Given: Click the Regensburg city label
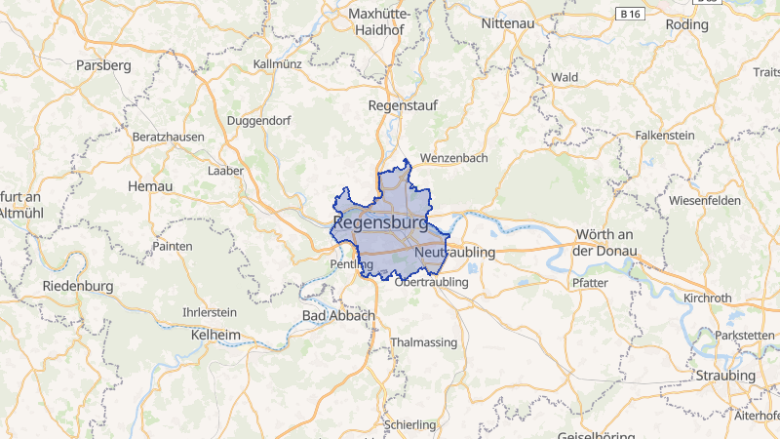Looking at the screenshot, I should pos(380,223).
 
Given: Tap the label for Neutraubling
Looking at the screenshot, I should pos(455,253).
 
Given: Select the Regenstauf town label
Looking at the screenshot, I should pos(403,104).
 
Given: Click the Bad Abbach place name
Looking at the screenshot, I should pos(338,316).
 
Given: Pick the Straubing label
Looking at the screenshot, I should pos(725,376).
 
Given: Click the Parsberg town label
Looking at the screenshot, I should pos(102,65).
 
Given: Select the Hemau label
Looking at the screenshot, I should pos(150,186).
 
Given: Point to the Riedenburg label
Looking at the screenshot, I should pos(79,287).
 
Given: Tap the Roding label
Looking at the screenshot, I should pos(686,24).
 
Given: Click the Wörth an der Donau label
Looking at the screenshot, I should pos(605,243).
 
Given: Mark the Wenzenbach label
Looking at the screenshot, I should pos(452,157).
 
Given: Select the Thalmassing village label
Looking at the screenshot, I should pos(422,342).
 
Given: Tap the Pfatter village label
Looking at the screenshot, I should pos(591,283).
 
